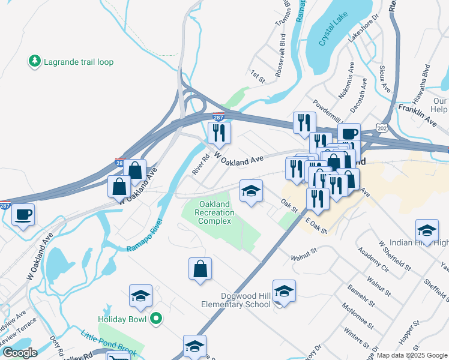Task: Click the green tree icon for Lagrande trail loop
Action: pyautogui.click(x=34, y=61)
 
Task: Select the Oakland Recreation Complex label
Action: pyautogui.click(x=215, y=213)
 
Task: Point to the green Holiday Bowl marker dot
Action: pyautogui.click(x=156, y=319)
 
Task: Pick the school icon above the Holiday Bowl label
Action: pyautogui.click(x=140, y=296)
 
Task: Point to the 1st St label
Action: pyautogui.click(x=258, y=73)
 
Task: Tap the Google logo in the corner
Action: pyautogui.click(x=19, y=353)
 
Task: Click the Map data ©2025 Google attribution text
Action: pyautogui.click(x=412, y=355)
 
